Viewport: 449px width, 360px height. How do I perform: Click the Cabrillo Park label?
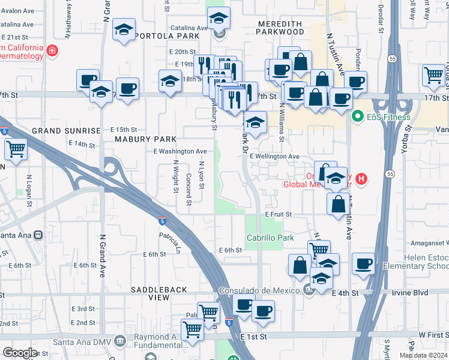click(270, 238)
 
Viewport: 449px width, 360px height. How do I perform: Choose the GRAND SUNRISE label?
click(66, 130)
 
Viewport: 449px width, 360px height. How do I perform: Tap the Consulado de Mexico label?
click(258, 290)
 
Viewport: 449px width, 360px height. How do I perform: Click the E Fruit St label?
click(279, 214)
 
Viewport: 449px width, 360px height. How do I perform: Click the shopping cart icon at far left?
click(16, 149)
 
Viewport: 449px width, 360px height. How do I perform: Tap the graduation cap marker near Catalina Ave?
click(219, 19)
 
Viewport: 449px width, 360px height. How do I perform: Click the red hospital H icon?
click(361, 178)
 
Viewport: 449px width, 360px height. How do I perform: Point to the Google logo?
click(20, 353)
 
